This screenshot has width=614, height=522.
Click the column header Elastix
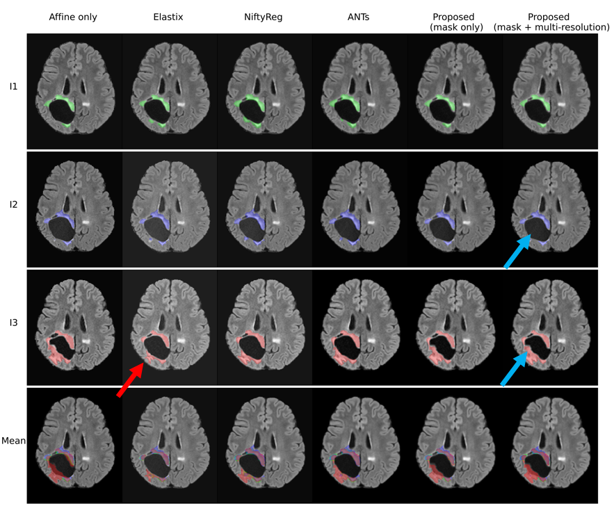point(168,17)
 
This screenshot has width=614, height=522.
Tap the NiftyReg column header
point(264,17)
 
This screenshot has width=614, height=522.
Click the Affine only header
point(72,17)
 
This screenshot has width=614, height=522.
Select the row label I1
point(14,87)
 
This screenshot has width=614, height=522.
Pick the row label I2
point(14,206)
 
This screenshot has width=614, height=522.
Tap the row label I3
point(14,324)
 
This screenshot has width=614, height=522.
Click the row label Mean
point(14,441)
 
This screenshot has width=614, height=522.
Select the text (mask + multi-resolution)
point(551,27)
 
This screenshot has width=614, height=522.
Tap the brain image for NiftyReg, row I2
point(264,207)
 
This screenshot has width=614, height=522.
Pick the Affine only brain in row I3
point(74,325)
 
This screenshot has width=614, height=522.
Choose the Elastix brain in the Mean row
point(169,443)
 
